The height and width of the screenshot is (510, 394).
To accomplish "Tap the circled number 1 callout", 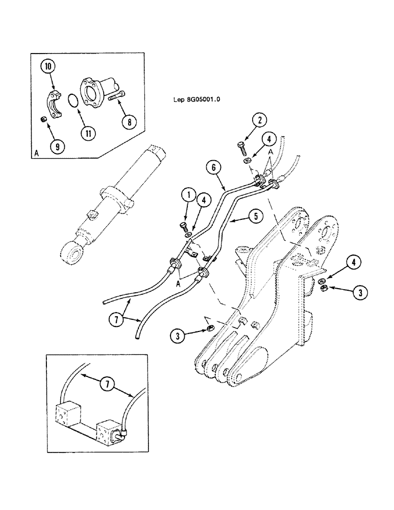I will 188,195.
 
